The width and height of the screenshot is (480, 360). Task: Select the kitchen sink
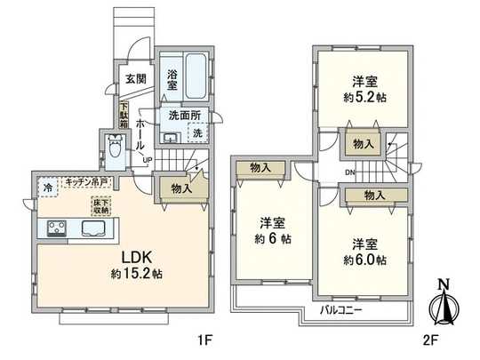pyautogui.click(x=93, y=230)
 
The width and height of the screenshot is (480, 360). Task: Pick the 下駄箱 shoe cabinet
pyautogui.click(x=124, y=114)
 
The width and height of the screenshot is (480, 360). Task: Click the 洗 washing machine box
pyautogui.click(x=199, y=132)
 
